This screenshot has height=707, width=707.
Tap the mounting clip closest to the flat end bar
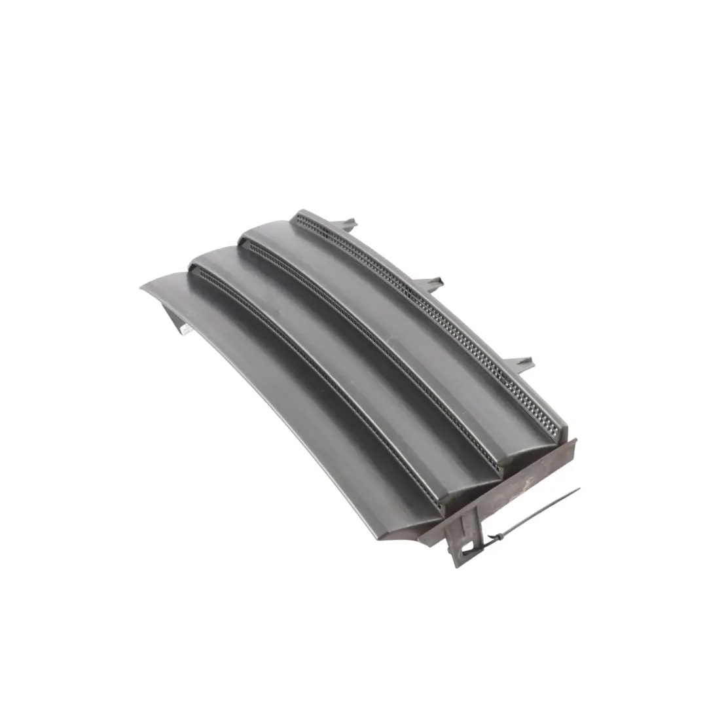click(522, 362)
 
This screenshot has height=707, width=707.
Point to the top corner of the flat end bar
click(575, 441)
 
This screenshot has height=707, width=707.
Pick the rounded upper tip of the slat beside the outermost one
click(196, 259)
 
